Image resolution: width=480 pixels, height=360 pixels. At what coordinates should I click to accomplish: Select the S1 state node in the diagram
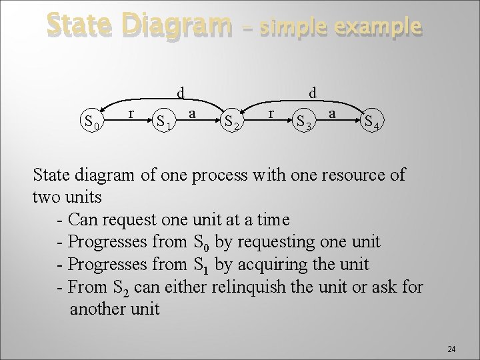coord(165,121)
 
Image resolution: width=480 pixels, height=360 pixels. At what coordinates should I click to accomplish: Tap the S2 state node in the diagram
coord(233,121)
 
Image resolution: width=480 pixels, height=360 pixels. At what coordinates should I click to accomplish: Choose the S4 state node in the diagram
coord(372,121)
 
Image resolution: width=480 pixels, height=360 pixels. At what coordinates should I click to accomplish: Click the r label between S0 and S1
coord(131,114)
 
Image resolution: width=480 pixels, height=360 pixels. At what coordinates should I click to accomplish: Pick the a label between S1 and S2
coord(192,114)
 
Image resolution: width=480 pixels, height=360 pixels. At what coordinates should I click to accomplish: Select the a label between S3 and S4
coord(333,114)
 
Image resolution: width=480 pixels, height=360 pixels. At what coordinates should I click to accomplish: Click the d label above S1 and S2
coord(181,91)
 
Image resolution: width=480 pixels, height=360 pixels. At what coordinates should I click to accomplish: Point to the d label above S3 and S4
coord(313,91)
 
